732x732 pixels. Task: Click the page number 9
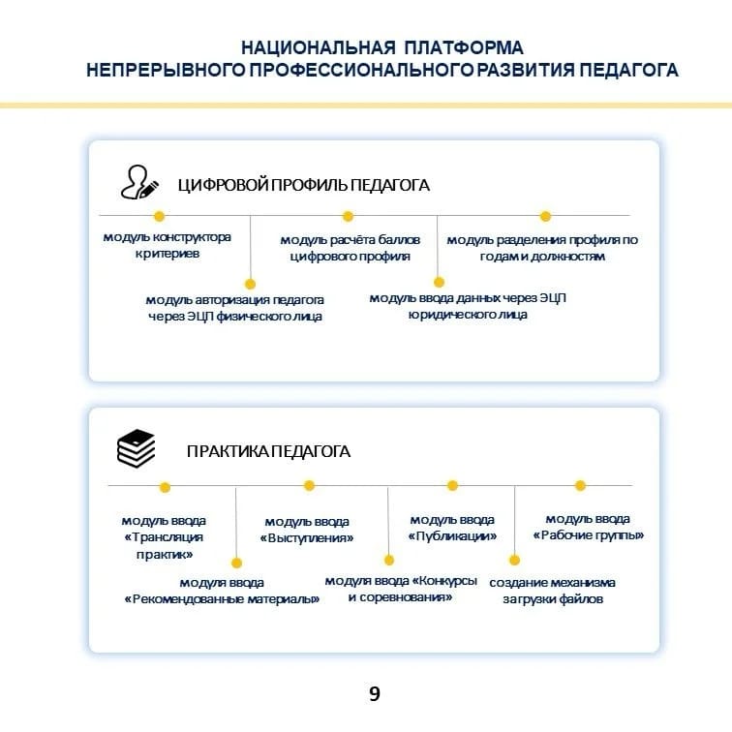(374, 692)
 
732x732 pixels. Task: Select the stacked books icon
(136, 448)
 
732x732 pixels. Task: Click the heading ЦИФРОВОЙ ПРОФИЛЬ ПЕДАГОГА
(303, 185)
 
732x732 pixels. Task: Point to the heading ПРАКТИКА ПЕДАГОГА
(268, 451)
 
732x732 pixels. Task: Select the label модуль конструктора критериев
(168, 246)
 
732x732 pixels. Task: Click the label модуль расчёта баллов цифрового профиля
(350, 248)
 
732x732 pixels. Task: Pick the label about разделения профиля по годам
(542, 248)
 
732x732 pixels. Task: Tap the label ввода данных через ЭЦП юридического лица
(468, 306)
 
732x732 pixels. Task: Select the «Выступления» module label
(307, 530)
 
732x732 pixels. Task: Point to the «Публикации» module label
(452, 528)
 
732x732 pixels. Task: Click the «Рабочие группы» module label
(588, 527)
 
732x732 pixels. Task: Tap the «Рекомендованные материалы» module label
(222, 591)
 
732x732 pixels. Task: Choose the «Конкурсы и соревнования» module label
(400, 589)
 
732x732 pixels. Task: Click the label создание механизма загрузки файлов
(552, 591)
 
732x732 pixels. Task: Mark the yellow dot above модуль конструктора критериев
(159, 217)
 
